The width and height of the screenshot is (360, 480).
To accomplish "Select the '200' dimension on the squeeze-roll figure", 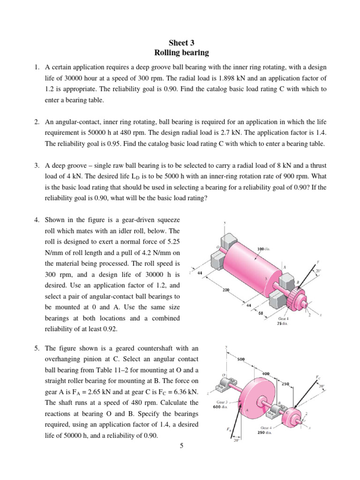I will pos(226,290).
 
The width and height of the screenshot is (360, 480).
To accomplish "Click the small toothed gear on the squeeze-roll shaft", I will pos(294,297).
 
